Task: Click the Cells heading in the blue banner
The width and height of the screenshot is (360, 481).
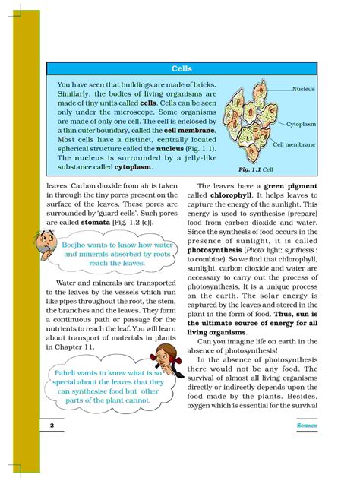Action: [x=182, y=68]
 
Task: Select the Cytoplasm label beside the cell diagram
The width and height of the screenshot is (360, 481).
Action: [x=302, y=123]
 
